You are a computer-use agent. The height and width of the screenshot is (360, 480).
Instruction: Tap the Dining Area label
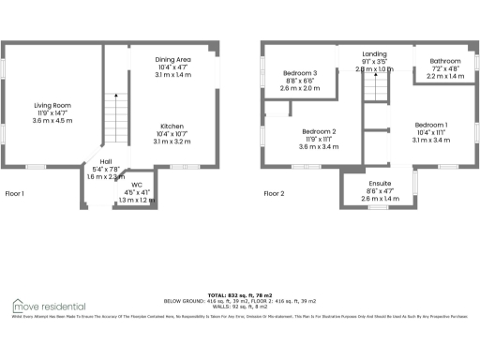click(172, 59)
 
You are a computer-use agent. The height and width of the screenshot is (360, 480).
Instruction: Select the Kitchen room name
click(171, 126)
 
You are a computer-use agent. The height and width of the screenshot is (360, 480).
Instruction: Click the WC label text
click(137, 185)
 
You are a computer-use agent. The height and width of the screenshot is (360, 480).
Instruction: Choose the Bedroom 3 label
click(301, 73)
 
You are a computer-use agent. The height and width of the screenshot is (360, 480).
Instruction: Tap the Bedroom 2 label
click(320, 132)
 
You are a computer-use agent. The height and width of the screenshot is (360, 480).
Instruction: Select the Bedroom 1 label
click(431, 125)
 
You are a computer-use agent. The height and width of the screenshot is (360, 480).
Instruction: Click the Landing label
click(375, 54)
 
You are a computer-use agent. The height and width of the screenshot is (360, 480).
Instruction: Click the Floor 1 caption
click(15, 194)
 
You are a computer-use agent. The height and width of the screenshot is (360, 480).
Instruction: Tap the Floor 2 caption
click(273, 194)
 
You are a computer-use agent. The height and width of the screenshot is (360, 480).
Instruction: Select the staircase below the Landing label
click(375, 89)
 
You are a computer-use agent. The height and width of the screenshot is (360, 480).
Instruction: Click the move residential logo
click(49, 307)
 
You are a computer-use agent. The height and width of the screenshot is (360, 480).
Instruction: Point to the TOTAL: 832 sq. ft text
click(242, 293)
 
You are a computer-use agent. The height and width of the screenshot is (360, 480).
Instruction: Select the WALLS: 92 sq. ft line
click(242, 307)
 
